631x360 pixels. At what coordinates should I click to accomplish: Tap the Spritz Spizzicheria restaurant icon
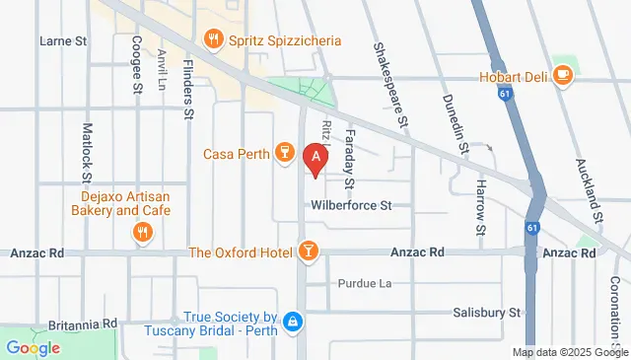point(212,40)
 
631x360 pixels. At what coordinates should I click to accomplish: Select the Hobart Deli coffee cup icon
point(562,75)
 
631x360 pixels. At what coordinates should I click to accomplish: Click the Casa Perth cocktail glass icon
point(283,153)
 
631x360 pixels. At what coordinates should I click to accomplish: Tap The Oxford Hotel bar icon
point(309,252)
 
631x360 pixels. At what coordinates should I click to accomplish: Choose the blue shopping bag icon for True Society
point(292,323)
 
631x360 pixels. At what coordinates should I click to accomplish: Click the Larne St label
point(63,41)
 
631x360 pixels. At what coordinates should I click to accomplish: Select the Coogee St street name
point(136,67)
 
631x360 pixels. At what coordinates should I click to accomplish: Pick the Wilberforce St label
point(351,206)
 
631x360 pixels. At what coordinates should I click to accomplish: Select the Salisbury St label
point(486,312)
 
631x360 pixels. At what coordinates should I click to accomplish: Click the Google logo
point(33,347)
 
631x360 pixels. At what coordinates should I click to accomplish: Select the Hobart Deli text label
point(513,75)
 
